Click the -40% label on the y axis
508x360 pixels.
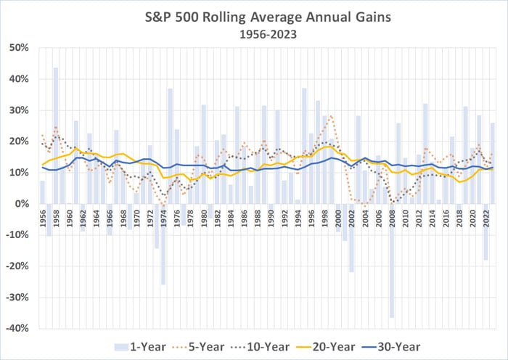(18, 328)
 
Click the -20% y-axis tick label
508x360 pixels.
(18, 266)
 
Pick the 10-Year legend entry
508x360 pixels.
(287, 347)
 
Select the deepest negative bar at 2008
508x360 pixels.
(392, 261)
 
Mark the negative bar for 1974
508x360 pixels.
(163, 244)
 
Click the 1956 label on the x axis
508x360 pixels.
(43, 218)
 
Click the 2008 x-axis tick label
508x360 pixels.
(392, 218)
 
